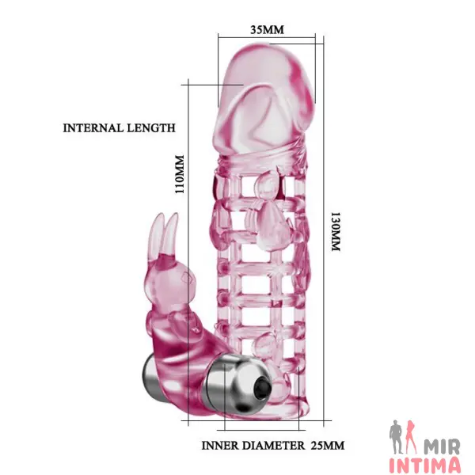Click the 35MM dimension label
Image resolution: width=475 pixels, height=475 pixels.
(267, 30)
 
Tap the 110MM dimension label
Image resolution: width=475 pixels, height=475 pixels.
(180, 174)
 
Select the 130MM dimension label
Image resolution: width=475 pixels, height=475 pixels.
(336, 231)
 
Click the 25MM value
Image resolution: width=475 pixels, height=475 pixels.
(328, 445)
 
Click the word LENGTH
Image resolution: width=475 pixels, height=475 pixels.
(151, 127)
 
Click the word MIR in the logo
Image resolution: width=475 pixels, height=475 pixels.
(442, 446)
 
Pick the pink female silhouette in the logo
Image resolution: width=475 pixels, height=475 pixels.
(412, 436)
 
